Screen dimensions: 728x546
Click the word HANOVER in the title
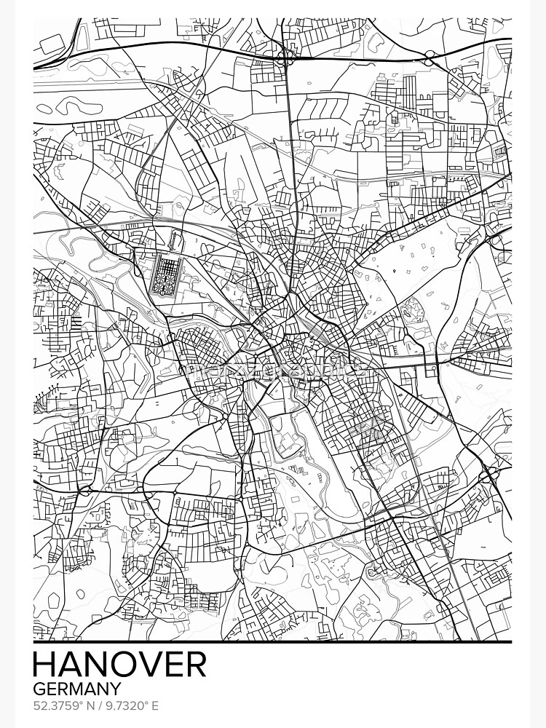[120, 665]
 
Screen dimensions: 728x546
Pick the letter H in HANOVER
[44, 665]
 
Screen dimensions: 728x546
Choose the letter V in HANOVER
[146, 665]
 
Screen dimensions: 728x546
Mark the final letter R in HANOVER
[195, 665]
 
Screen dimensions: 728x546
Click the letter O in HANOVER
[120, 665]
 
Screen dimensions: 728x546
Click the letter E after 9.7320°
[154, 705]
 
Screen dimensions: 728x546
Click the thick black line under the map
[273, 642]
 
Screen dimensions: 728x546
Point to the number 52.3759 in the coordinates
[55, 705]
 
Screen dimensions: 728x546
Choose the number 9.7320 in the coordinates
[122, 705]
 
